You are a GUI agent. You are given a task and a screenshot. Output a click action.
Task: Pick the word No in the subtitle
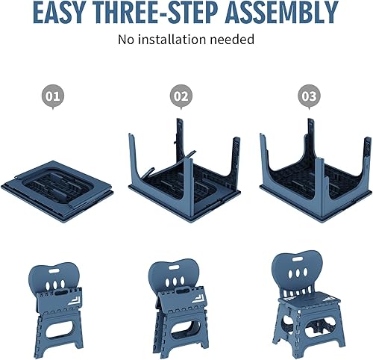coord(127,39)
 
